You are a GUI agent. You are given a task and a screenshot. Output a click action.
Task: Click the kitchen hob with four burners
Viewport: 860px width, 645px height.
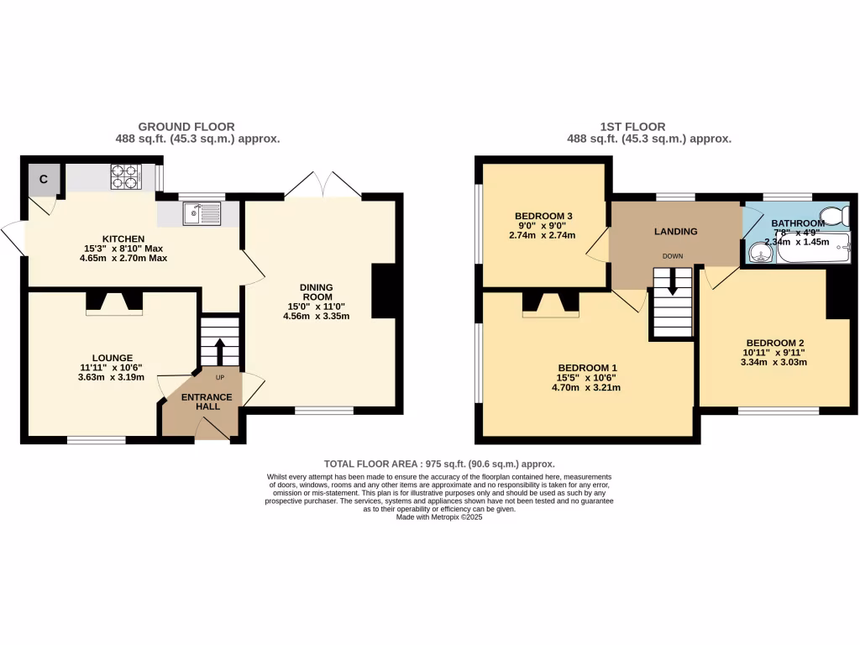pyautogui.click(x=126, y=176)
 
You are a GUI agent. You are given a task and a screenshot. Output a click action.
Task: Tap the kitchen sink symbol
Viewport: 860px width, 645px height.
pyautogui.click(x=201, y=213)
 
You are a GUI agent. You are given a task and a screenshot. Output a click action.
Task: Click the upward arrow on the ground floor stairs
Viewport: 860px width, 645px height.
pyautogui.click(x=220, y=348)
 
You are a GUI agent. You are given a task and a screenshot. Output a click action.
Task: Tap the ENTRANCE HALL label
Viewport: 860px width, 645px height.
pyautogui.click(x=207, y=401)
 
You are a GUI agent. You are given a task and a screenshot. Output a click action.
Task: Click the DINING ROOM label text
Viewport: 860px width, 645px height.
pyautogui.click(x=318, y=291)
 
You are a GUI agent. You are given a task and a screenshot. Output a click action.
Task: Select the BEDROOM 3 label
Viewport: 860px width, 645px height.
pyautogui.click(x=543, y=217)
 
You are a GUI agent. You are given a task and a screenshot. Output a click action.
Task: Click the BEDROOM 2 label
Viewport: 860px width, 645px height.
pyautogui.click(x=775, y=343)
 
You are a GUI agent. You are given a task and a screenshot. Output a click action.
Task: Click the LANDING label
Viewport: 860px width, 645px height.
pyautogui.click(x=676, y=232)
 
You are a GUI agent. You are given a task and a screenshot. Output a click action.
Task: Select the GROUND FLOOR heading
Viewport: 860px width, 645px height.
pyautogui.click(x=186, y=127)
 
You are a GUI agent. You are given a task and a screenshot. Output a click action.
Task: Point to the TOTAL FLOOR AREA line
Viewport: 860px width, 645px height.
pyautogui.click(x=439, y=464)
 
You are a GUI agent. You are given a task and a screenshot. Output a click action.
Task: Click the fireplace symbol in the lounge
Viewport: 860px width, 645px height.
pyautogui.click(x=114, y=302)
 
